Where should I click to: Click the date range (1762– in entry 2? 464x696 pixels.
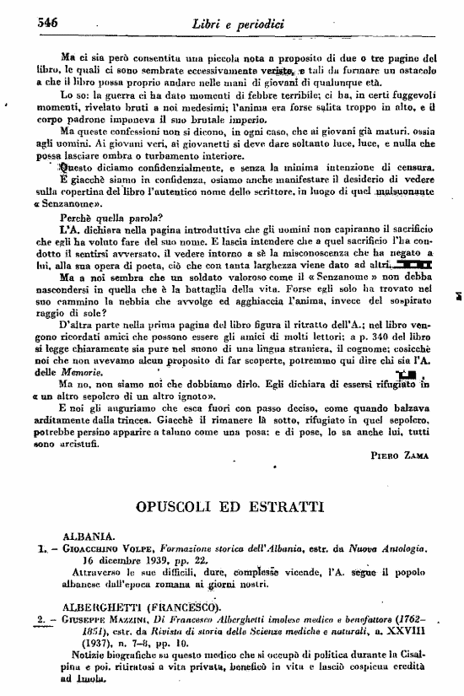click(x=417, y=618)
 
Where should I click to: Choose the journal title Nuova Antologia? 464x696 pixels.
click(x=396, y=548)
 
